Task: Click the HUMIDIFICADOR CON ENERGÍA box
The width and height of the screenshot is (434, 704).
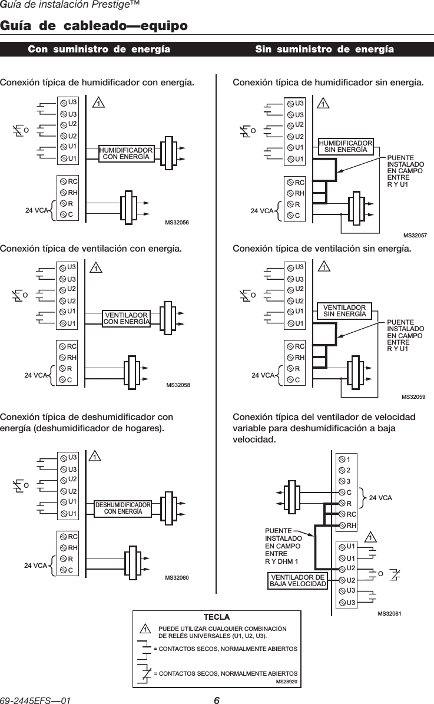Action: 125,154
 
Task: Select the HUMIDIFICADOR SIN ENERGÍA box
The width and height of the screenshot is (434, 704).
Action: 346,147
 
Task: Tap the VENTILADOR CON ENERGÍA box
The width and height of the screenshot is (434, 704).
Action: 125,318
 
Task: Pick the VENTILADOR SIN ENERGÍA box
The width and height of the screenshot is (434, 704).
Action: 344,310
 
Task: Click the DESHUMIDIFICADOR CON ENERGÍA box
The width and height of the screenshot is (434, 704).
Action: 123,508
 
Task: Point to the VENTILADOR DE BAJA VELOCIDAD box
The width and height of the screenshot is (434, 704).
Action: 297,580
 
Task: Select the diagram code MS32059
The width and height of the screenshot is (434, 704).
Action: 414,397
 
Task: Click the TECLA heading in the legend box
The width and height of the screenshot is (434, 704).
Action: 216,617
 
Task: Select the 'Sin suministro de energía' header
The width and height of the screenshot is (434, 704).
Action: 324,49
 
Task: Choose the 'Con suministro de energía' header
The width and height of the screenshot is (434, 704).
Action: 99,49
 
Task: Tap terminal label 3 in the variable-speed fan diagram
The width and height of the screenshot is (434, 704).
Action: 349,481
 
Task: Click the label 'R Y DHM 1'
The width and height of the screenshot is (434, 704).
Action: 282,561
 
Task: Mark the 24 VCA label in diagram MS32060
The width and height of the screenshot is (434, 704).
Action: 35,565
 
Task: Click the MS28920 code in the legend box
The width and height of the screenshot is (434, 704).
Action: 287,681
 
